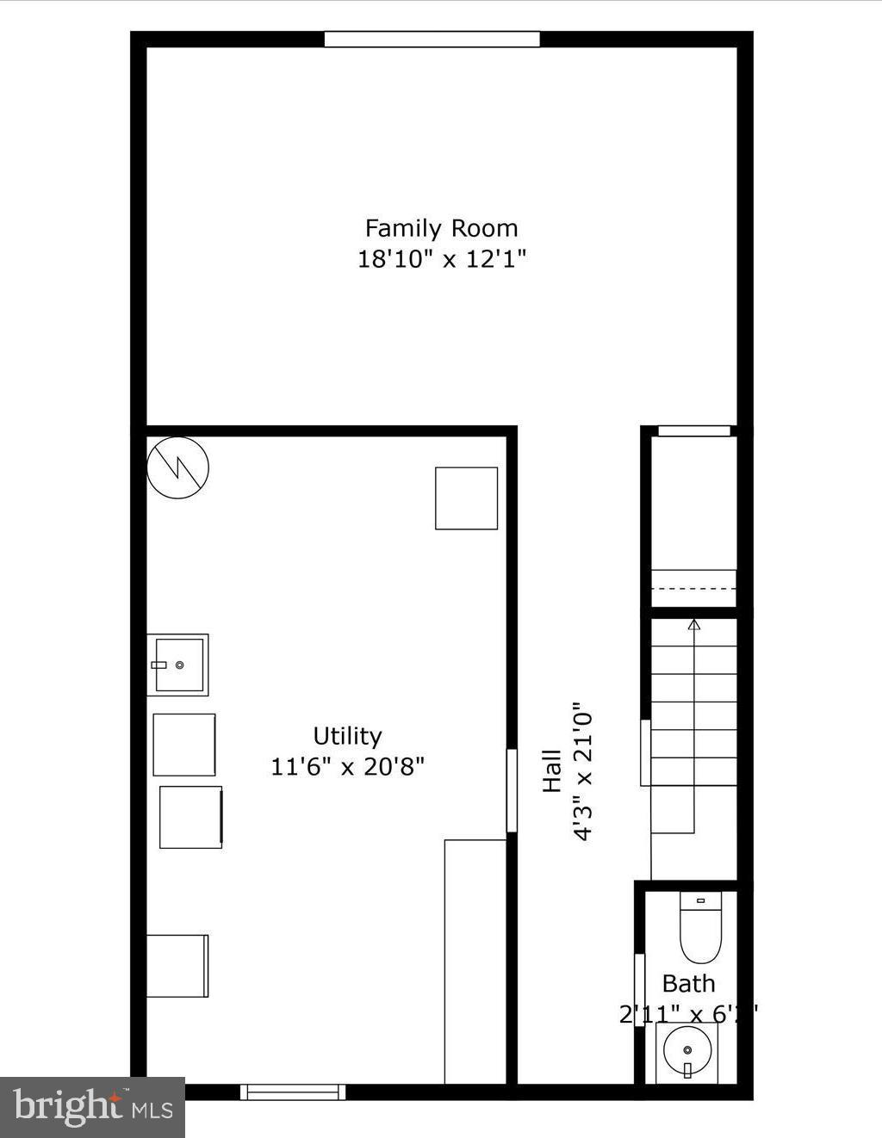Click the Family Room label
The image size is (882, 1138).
[x=441, y=228]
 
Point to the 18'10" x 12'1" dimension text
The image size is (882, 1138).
[x=441, y=258]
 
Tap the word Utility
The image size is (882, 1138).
[x=347, y=736]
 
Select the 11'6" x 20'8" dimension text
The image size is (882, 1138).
[x=347, y=766]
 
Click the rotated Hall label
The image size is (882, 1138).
[x=551, y=770]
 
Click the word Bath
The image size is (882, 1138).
[x=688, y=983]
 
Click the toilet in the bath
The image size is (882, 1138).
[x=700, y=928]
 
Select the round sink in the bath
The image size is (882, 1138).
[x=687, y=1050]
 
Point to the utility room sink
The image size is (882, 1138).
[x=178, y=665]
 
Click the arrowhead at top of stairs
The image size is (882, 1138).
[x=694, y=624]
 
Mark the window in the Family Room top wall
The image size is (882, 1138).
[x=432, y=39]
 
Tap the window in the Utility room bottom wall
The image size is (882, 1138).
[x=293, y=1092]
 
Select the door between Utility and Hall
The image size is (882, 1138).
[x=511, y=790]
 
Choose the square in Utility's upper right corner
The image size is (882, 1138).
[x=466, y=498]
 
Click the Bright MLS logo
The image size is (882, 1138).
[x=92, y=1107]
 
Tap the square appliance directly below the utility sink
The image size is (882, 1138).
[x=184, y=745]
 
